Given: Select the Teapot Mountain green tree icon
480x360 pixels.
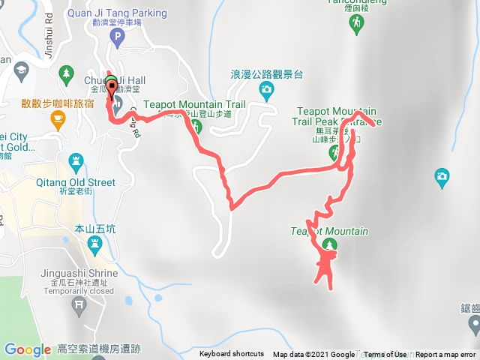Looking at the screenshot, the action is pyautogui.click(x=328, y=245).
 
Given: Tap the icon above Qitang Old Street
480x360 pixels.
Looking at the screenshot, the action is pyautogui.click(x=74, y=160).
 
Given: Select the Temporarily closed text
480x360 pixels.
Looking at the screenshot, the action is pyautogui.click(x=83, y=291).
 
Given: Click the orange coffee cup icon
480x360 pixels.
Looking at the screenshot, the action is pyautogui.click(x=57, y=118).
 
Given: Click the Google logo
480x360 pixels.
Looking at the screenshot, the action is pyautogui.click(x=28, y=349).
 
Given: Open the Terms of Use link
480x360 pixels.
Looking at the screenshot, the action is pyautogui.click(x=385, y=355).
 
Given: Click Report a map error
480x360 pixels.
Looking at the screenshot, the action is pyautogui.click(x=445, y=355).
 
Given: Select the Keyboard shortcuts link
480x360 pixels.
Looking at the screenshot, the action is pyautogui.click(x=232, y=355).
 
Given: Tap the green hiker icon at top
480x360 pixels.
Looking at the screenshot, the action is pyautogui.click(x=354, y=25).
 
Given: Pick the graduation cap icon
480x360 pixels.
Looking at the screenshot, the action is pyautogui.click(x=20, y=72).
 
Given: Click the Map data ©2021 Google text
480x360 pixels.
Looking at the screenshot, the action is pyautogui.click(x=313, y=355).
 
